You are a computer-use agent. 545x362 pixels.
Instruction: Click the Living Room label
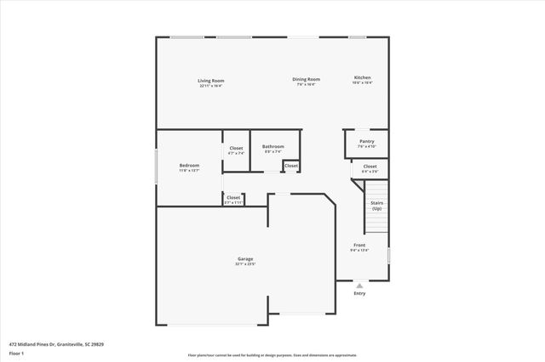click(211, 81)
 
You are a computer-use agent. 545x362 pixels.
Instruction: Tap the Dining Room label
click(307, 79)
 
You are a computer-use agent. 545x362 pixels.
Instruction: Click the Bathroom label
click(272, 145)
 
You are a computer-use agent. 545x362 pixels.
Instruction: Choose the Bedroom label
click(189, 165)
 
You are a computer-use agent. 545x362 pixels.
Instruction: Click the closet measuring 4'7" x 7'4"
click(236, 150)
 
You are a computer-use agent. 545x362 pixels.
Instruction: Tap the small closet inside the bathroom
click(291, 165)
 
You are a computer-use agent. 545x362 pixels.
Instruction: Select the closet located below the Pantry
click(370, 167)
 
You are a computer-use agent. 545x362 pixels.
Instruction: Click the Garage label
click(245, 258)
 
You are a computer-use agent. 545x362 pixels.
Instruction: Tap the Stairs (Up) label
click(376, 205)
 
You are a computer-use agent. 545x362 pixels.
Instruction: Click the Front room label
click(359, 246)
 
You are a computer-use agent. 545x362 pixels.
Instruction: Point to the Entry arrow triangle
click(359, 285)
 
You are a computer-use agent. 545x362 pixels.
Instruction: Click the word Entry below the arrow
click(359, 293)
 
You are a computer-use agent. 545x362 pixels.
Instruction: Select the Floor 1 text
click(17, 352)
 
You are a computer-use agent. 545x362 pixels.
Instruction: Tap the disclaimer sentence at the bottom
click(272, 355)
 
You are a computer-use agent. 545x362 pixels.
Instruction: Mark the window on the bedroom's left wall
click(156, 167)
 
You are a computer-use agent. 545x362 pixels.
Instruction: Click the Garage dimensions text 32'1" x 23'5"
click(245, 263)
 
